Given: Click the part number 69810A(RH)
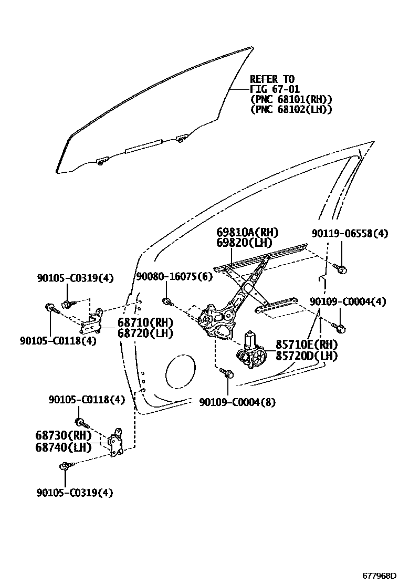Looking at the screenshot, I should click(x=247, y=233).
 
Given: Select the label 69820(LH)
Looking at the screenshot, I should click(x=244, y=243).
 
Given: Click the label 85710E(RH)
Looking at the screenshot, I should click(x=307, y=345).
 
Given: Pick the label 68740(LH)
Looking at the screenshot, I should click(x=64, y=447).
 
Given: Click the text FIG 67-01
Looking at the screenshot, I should click(x=275, y=89).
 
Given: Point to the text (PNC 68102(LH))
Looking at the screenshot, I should click(x=291, y=109).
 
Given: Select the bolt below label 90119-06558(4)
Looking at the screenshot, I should click(x=340, y=270).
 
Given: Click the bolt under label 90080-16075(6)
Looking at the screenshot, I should click(x=166, y=301).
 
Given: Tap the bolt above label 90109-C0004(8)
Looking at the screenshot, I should click(x=228, y=373).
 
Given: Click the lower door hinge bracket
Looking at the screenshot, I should click(x=117, y=444).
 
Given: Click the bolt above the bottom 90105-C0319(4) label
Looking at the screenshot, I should click(x=65, y=466).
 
